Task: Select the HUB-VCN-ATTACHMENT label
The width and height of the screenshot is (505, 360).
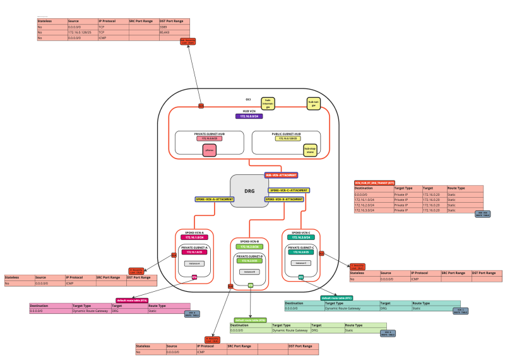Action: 281,175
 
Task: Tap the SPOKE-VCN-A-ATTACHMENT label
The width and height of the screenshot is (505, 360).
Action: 214,199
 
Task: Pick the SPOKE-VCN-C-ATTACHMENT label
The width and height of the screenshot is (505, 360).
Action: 289,190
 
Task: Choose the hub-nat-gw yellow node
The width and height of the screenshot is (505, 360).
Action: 312,103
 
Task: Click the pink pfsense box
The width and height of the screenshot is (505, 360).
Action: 209,150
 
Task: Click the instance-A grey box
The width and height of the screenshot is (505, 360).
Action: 194,263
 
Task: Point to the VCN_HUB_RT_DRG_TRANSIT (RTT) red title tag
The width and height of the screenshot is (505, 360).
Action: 374,183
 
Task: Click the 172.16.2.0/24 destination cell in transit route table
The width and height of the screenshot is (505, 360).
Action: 373,205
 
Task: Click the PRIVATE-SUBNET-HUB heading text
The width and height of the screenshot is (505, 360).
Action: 209,134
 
